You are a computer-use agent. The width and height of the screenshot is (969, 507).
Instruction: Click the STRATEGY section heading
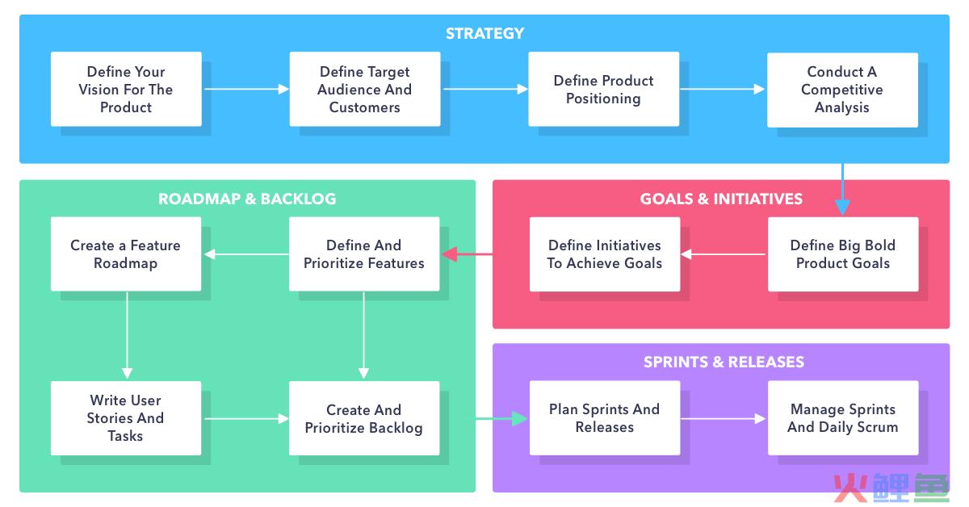(484, 33)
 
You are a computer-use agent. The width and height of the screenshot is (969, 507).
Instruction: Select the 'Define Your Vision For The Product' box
(126, 89)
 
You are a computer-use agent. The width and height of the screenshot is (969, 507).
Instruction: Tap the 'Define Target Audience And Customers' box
(365, 89)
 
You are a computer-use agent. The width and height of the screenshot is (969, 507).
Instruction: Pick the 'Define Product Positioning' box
(603, 89)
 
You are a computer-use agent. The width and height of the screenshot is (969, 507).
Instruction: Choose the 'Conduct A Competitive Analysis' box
(842, 90)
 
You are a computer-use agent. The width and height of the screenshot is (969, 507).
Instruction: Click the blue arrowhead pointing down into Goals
(842, 207)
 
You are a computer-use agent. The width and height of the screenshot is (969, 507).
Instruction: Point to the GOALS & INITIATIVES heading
(721, 199)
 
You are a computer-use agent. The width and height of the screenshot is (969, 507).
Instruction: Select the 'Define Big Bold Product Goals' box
(843, 254)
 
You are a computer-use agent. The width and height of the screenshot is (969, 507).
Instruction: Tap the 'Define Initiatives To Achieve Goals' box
(605, 254)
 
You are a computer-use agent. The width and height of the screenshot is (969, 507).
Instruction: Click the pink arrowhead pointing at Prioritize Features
(450, 254)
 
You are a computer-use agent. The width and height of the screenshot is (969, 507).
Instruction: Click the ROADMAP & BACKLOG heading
(247, 199)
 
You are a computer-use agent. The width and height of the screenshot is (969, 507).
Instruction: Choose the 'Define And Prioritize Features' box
(364, 254)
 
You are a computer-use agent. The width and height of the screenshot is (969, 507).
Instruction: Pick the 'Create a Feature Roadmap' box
(126, 254)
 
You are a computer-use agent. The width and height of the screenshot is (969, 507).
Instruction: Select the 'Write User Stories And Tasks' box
(126, 418)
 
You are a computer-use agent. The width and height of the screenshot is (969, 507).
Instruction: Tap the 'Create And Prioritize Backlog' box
(364, 418)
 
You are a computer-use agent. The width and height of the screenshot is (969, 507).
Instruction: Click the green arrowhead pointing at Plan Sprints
(519, 418)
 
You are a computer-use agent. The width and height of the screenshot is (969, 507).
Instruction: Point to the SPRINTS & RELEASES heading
(724, 362)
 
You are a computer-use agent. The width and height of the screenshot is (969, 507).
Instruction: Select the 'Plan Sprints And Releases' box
(605, 418)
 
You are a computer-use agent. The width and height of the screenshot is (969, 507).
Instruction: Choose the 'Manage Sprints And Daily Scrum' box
(843, 418)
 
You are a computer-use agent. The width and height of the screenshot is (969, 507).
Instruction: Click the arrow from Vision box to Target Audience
(246, 89)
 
